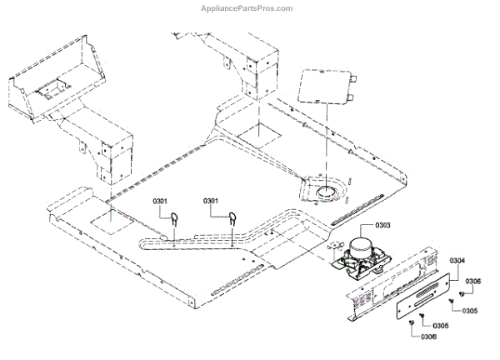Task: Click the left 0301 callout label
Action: coord(161,201)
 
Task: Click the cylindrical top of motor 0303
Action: coord(362,247)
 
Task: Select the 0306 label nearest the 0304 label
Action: coord(473,282)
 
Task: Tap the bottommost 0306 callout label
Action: coord(428,336)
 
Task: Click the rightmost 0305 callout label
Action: coord(469,310)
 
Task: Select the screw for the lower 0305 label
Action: coord(423,317)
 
